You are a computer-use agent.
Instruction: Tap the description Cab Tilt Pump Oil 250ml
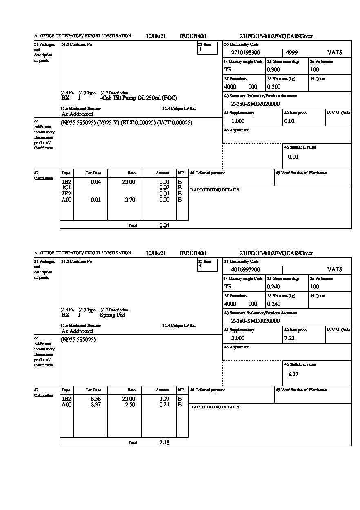(138, 98)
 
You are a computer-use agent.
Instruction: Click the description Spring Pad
(113, 315)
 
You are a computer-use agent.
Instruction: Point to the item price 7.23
(289, 338)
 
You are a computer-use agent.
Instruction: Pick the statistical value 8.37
(293, 374)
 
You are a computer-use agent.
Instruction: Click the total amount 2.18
(164, 442)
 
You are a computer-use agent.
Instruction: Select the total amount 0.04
(164, 225)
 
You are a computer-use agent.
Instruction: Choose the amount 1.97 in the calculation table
(164, 399)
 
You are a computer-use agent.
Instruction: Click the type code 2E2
(66, 194)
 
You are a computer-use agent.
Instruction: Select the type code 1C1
(66, 188)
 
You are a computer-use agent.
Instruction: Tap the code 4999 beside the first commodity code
(291, 53)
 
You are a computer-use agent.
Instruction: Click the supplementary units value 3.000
(238, 338)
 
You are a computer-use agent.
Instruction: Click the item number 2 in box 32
(200, 267)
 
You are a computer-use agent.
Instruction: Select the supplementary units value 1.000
(238, 121)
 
